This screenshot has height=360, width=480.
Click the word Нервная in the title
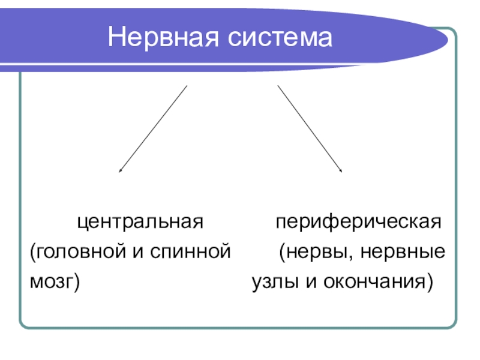coord(163,37)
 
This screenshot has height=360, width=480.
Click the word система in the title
coord(280,38)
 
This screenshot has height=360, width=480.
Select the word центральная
coord(140,222)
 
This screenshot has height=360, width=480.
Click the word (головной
coord(78,252)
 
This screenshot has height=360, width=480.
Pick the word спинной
coord(190,252)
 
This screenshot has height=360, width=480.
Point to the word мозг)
coord(55,281)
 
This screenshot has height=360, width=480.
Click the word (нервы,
coord(315,252)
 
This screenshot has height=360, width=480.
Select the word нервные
coord(403,252)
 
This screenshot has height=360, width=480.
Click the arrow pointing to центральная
coord(153,129)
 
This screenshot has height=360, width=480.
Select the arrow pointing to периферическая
coord(310,129)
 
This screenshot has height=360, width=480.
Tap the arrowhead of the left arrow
coord(119,172)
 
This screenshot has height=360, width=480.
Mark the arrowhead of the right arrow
coord(341,172)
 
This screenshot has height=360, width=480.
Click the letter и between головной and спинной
coord(138,252)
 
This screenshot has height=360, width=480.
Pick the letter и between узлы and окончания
coord(311,282)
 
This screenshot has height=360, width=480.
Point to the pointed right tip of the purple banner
coord(448,40)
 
